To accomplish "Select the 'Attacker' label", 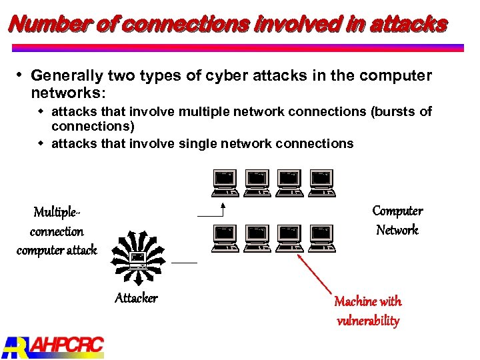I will click(x=136, y=298).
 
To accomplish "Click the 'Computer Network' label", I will click(x=397, y=221).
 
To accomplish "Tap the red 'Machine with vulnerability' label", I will click(x=368, y=311).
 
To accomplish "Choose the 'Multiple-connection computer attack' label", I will click(x=57, y=231).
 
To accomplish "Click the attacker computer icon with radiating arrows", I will click(x=139, y=257).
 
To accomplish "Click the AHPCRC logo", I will click(x=53, y=345).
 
